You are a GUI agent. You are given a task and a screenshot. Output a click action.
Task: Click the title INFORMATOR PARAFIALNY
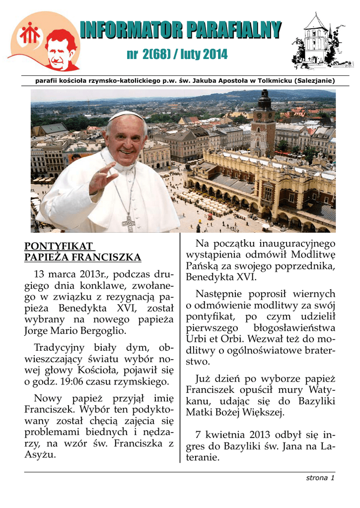click(x=180, y=31)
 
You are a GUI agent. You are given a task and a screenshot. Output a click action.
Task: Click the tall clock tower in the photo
click(x=263, y=124)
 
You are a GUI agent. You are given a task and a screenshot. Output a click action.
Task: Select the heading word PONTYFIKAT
click(x=59, y=247)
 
